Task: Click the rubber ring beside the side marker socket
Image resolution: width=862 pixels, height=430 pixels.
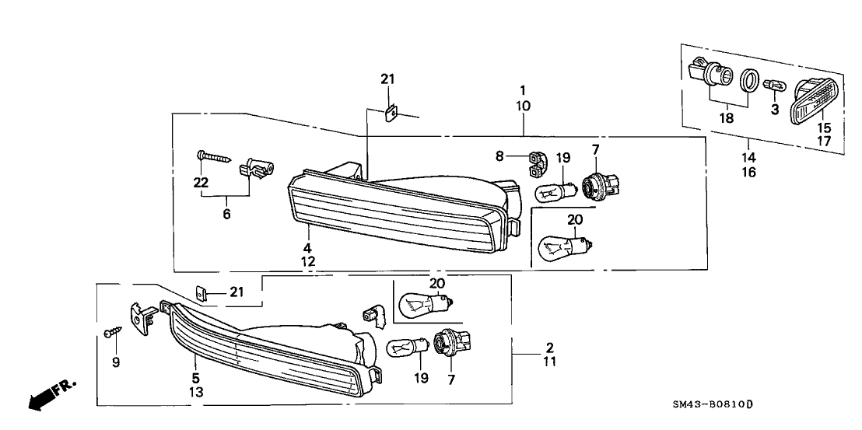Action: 749,80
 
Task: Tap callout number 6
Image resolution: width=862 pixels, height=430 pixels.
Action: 226,213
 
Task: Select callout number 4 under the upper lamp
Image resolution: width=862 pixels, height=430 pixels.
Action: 308,248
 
